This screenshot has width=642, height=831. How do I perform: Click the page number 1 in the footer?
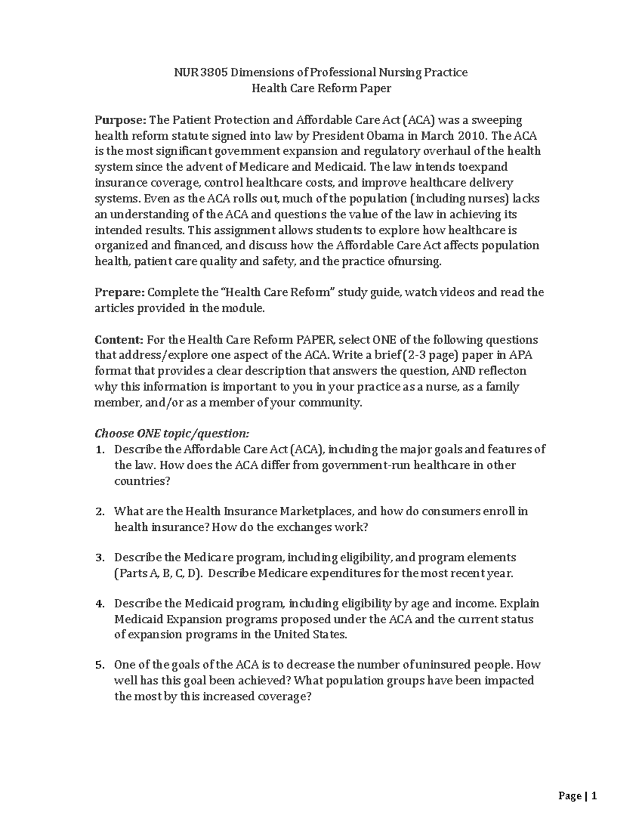click(594, 796)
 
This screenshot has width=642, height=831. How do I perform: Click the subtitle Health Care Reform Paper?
click(321, 88)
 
